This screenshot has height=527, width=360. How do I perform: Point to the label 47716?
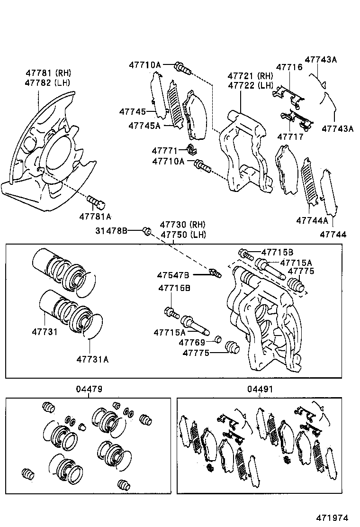[289, 67]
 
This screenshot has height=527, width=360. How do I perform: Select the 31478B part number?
[111, 231]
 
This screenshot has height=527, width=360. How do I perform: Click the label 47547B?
[173, 275]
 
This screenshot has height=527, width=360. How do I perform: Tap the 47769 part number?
[192, 342]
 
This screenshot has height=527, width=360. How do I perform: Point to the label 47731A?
[92, 359]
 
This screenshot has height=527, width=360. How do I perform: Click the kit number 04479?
[89, 389]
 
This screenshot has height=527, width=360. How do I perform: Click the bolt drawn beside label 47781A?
[97, 203]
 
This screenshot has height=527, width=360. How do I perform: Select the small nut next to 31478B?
[147, 231]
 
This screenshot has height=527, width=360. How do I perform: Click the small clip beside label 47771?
[192, 150]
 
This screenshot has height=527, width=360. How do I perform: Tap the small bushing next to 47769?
[218, 339]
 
